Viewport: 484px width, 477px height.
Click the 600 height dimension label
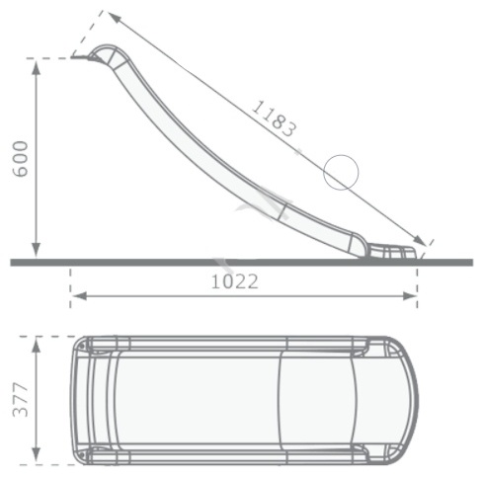(20, 159)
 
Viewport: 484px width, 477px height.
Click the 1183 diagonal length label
(274, 119)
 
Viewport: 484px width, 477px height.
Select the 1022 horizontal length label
(235, 282)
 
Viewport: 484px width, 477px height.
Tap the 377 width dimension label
(20, 400)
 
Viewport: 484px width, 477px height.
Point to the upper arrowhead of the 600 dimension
(37, 67)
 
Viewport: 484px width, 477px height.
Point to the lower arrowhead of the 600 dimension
(37, 250)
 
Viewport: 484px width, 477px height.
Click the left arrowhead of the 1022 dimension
(79, 296)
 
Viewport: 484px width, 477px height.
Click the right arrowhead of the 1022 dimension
(410, 296)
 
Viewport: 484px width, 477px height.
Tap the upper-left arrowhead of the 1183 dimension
(113, 17)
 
